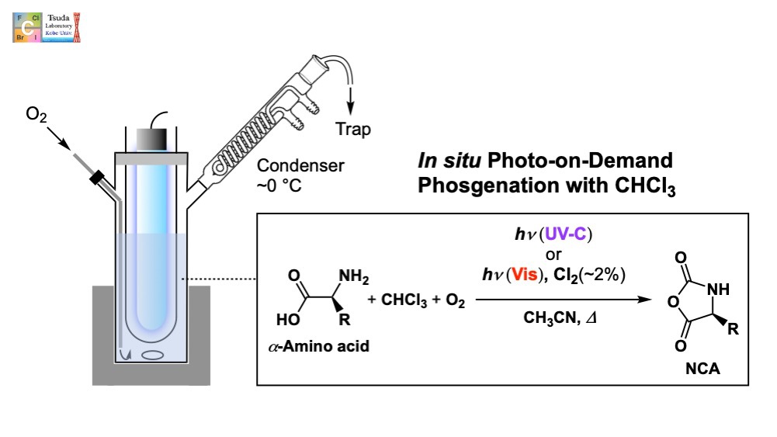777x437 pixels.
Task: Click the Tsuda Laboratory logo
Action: click(47, 26)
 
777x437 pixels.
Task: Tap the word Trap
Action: click(353, 129)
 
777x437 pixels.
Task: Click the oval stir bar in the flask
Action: click(154, 356)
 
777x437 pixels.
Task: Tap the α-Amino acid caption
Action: click(318, 346)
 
